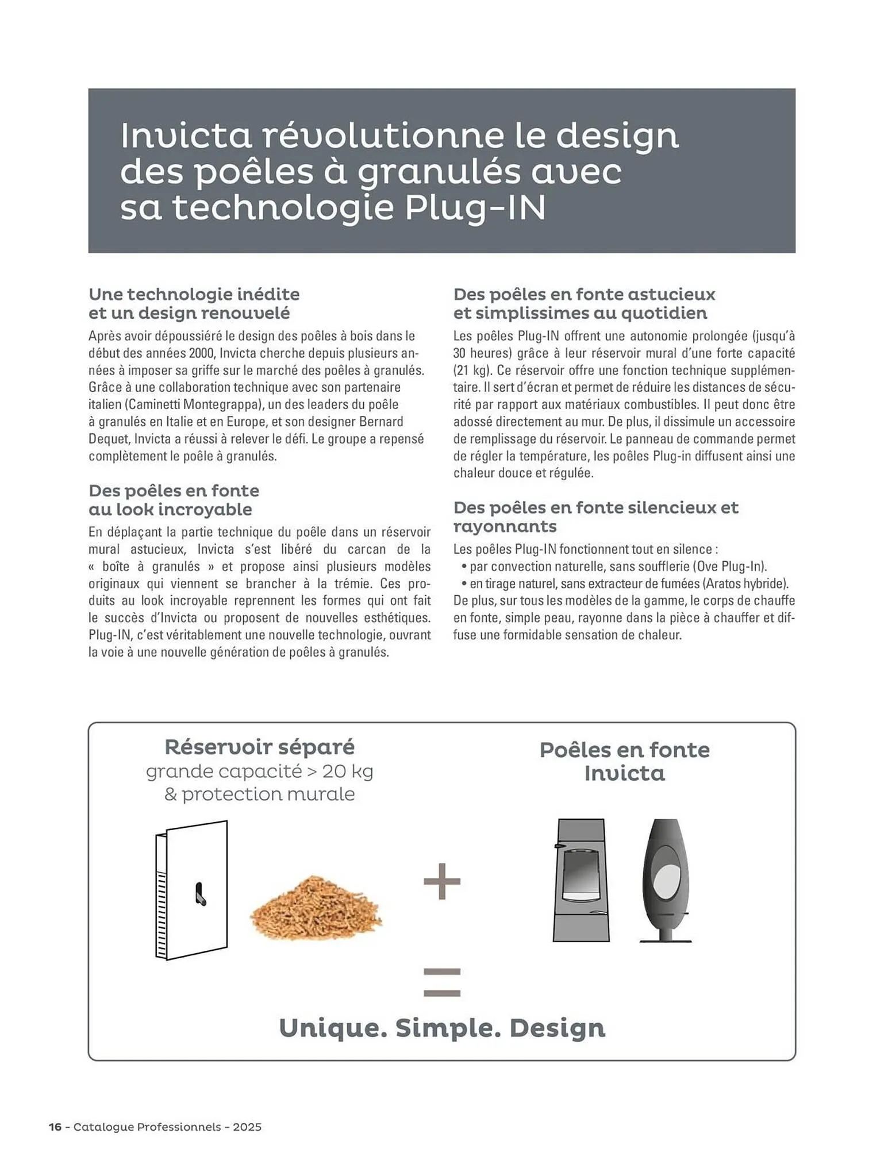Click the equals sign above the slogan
[442, 982]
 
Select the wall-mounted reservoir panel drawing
[191, 890]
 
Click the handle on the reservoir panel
[199, 894]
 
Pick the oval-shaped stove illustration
[666, 881]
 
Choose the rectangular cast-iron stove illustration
[581, 881]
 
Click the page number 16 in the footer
[55, 1127]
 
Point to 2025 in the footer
[247, 1127]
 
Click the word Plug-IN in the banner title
[475, 208]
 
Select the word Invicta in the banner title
[186, 136]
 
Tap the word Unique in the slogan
[333, 1028]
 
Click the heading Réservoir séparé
[260, 747]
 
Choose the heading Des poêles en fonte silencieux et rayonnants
[595, 516]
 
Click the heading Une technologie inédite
[194, 294]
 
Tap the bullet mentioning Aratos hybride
[628, 584]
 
